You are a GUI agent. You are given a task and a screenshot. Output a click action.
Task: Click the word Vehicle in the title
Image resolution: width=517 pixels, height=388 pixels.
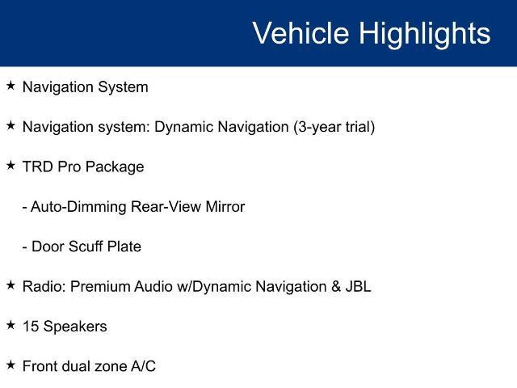click(x=301, y=33)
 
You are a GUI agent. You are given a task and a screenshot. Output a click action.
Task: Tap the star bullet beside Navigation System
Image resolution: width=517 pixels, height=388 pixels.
click(x=11, y=85)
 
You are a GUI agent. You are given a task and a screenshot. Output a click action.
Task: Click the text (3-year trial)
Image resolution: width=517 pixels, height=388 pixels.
click(x=334, y=127)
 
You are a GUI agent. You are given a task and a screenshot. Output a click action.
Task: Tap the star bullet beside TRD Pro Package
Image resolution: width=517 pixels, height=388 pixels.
click(x=11, y=165)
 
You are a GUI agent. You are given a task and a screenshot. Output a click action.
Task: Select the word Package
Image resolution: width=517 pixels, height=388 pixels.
click(x=115, y=167)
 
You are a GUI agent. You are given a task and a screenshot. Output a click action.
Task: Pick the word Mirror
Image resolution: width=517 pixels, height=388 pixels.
click(x=225, y=207)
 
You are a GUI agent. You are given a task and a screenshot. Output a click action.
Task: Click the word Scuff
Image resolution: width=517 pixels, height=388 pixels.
click(x=86, y=246)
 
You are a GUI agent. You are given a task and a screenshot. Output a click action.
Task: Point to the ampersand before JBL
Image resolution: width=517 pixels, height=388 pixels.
click(x=336, y=286)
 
